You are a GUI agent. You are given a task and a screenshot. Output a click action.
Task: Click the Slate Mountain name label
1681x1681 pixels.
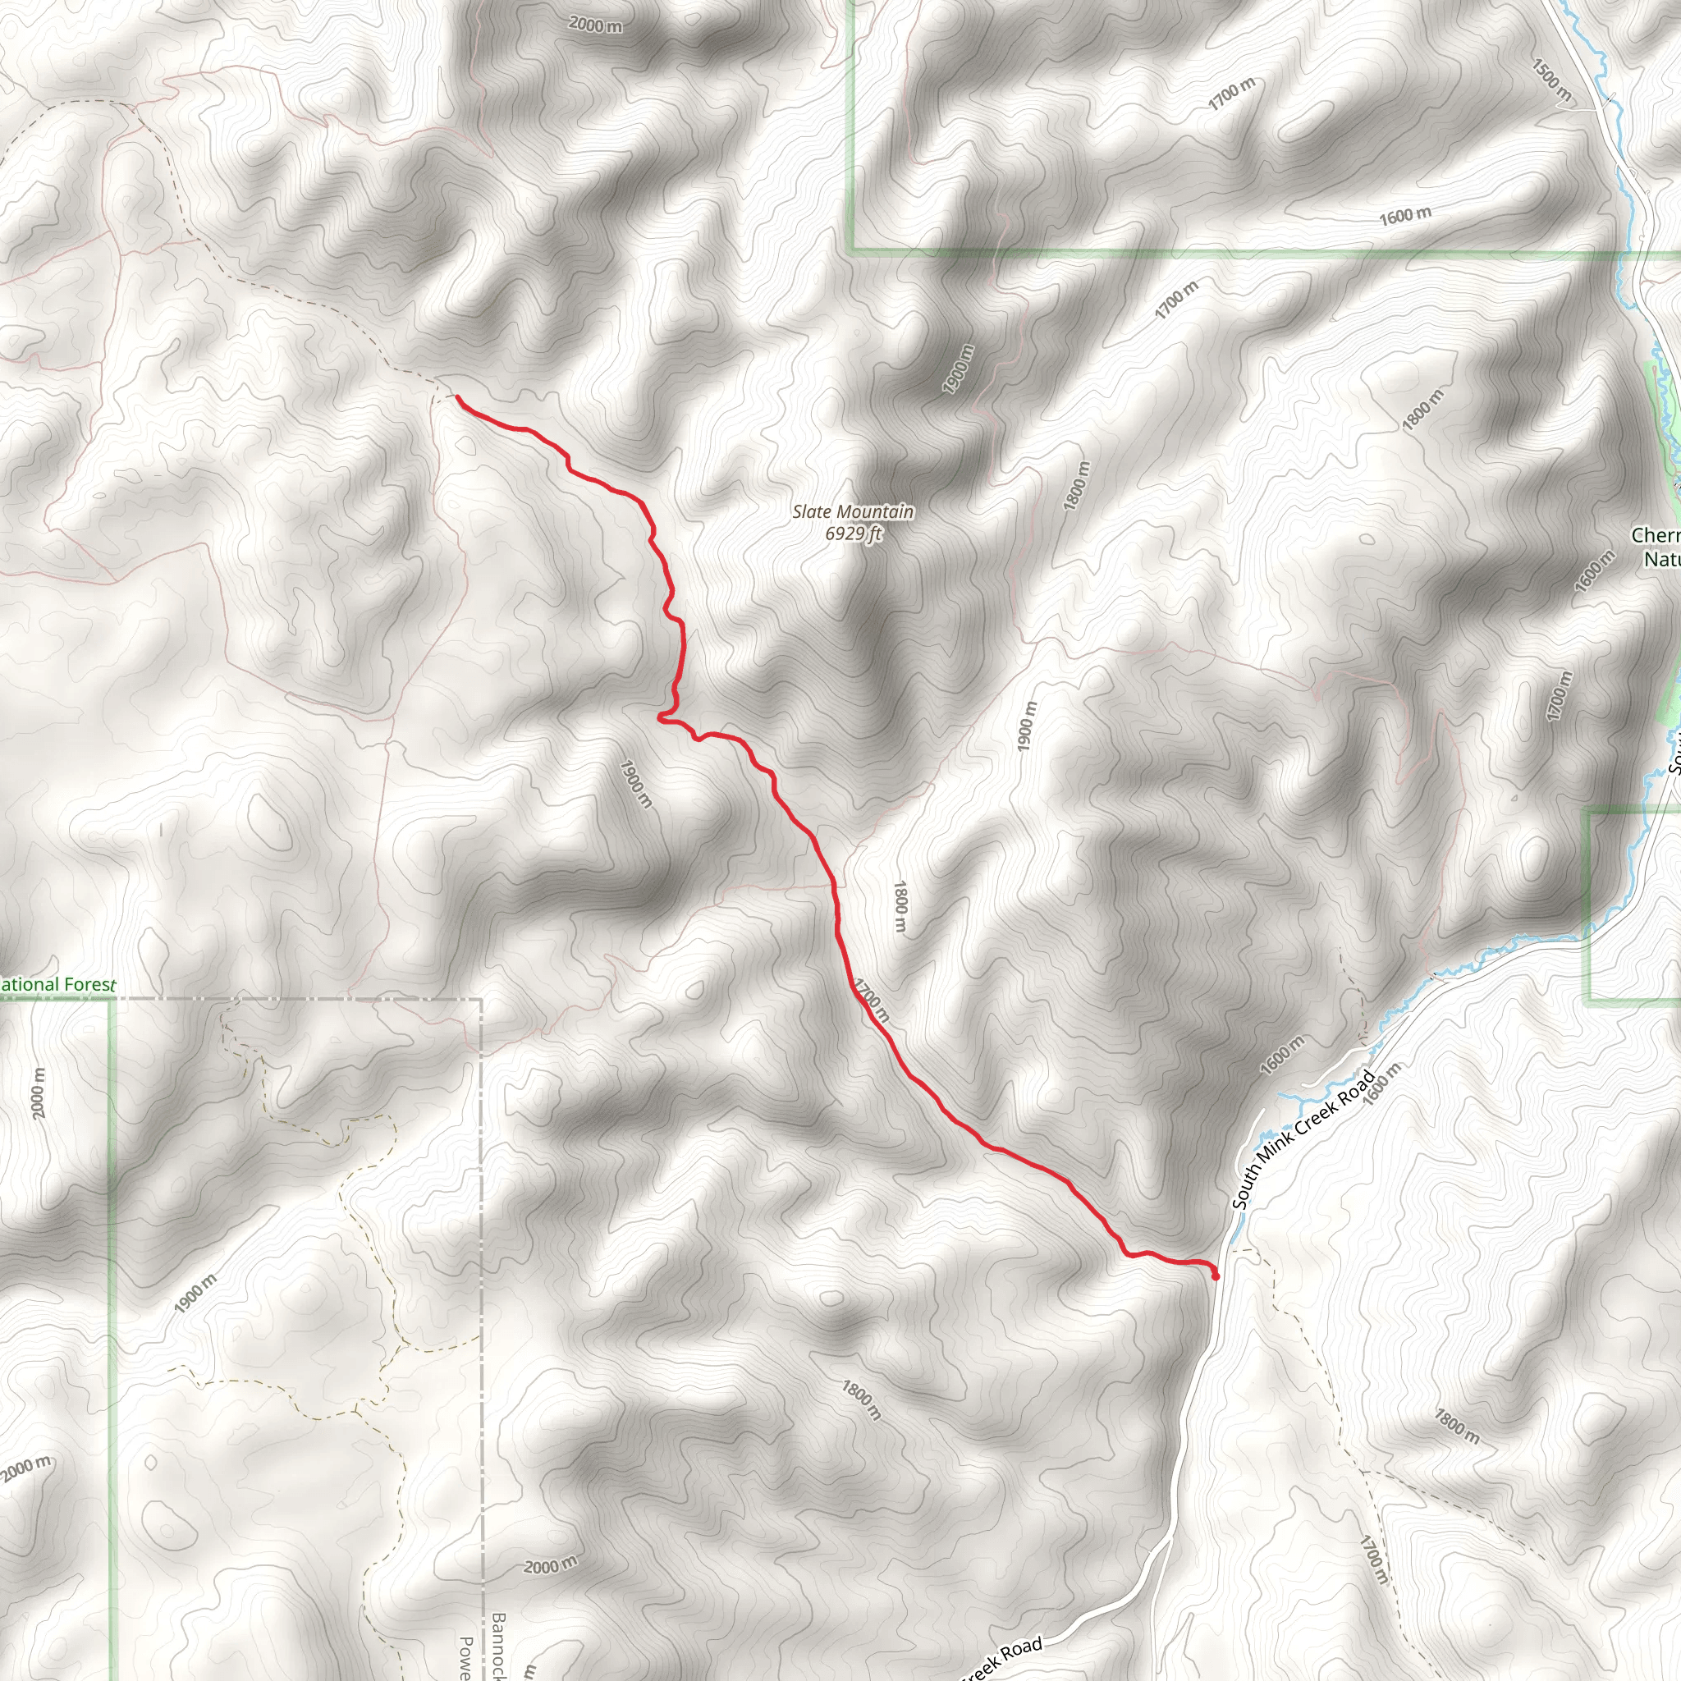click(853, 511)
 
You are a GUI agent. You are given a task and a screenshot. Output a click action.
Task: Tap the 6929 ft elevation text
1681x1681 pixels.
click(853, 534)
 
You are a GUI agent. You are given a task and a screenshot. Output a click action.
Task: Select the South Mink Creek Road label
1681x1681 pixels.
click(1303, 1141)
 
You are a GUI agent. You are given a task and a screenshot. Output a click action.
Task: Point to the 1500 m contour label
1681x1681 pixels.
click(1550, 81)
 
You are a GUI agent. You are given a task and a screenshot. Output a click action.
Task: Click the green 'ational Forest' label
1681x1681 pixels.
click(57, 985)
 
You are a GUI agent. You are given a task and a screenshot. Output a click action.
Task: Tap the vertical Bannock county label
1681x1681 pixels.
click(497, 1644)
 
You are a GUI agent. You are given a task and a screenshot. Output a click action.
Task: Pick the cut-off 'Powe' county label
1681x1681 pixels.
click(466, 1656)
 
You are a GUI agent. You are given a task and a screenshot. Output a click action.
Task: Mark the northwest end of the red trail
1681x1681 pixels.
click(458, 397)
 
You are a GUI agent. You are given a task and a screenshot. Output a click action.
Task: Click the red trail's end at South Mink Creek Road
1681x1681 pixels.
click(1216, 1276)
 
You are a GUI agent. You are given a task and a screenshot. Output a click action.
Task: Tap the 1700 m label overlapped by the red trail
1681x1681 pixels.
click(871, 1000)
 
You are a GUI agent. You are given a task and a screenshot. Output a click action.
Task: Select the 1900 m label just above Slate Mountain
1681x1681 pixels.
click(959, 369)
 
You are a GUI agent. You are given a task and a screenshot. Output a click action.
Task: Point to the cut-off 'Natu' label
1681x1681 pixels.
click(1661, 559)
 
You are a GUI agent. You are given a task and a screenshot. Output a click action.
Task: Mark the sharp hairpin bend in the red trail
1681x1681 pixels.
click(661, 717)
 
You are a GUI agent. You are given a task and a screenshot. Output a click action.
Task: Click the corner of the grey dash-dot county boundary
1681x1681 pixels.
click(480, 1000)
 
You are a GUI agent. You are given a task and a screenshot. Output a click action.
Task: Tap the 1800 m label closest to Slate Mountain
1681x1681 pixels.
click(1076, 486)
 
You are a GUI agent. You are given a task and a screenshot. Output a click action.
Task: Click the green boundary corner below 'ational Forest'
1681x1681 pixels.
click(112, 1000)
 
